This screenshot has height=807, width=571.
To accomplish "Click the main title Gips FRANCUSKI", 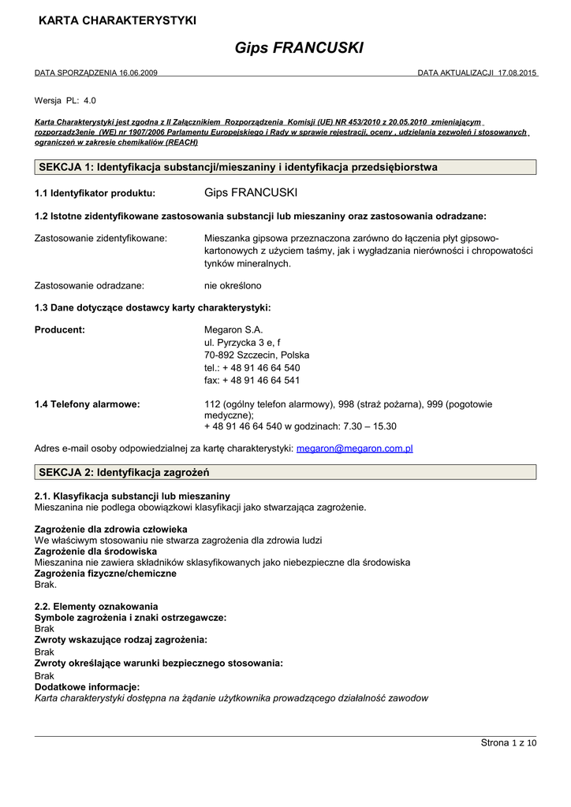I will (299, 48).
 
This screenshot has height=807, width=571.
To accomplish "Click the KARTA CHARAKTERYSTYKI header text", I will (118, 20).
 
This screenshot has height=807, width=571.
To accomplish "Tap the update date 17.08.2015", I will (517, 73).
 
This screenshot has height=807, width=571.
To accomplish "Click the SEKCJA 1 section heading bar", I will (285, 167).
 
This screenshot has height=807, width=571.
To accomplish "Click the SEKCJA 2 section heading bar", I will (285, 472).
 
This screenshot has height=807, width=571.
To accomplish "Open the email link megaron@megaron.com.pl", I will (355, 448).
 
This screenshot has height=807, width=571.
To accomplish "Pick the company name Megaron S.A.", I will (233, 329).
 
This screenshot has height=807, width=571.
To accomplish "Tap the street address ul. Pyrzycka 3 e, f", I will (242, 343).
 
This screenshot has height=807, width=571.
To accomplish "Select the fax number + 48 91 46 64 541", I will (252, 380).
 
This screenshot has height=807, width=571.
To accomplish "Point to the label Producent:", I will (60, 329).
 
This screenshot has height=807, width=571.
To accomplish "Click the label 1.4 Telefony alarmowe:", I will (88, 404).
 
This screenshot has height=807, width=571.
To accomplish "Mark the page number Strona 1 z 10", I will (508, 743).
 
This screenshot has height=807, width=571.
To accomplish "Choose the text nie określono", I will (233, 285).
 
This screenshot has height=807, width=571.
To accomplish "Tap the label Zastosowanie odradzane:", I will (95, 285).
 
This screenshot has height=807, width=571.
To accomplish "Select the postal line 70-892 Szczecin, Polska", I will (256, 355).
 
